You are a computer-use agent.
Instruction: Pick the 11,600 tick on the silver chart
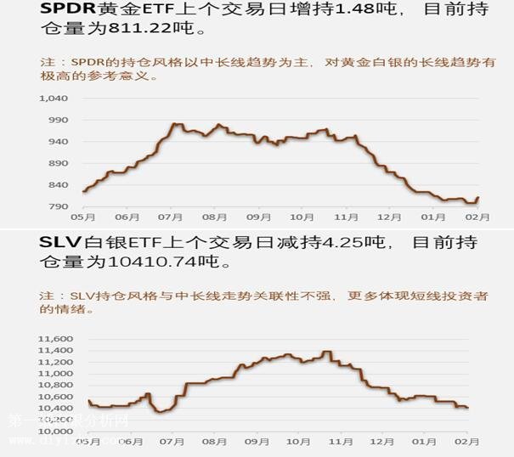click(x=54, y=339)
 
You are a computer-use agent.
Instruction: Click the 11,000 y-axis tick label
click(x=54, y=374)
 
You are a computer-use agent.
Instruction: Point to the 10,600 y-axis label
click(x=54, y=397)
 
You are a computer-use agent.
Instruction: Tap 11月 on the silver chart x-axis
click(x=340, y=443)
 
